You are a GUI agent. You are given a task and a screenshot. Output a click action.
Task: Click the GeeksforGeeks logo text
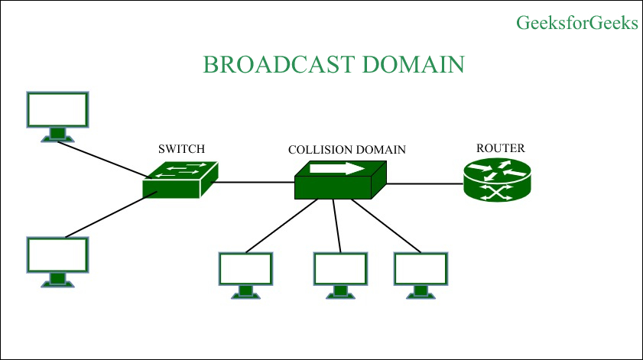[577, 23]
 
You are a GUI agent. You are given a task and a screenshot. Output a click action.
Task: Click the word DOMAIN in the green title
[413, 64]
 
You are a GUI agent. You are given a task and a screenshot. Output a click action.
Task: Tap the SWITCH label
[181, 149]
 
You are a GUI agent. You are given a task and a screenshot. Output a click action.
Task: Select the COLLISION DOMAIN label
[346, 150]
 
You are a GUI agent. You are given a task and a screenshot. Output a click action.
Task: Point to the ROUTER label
[501, 148]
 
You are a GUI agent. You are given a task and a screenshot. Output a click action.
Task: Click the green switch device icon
[180, 179]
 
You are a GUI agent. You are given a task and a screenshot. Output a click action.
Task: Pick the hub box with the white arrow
[340, 181]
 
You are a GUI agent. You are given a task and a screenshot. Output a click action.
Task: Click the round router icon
[496, 182]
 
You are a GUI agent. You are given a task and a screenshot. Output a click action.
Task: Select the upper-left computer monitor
[57, 115]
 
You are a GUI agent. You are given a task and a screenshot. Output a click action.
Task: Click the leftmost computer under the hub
[245, 273]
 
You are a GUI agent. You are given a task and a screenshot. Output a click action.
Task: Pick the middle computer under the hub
[340, 273]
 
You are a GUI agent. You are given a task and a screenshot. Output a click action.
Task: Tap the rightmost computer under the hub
[420, 273]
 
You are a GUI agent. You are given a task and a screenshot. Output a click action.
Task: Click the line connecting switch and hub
[252, 183]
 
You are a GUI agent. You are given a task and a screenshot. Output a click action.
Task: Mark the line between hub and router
[424, 183]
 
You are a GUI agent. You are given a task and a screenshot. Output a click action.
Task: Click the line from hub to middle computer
[337, 225]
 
